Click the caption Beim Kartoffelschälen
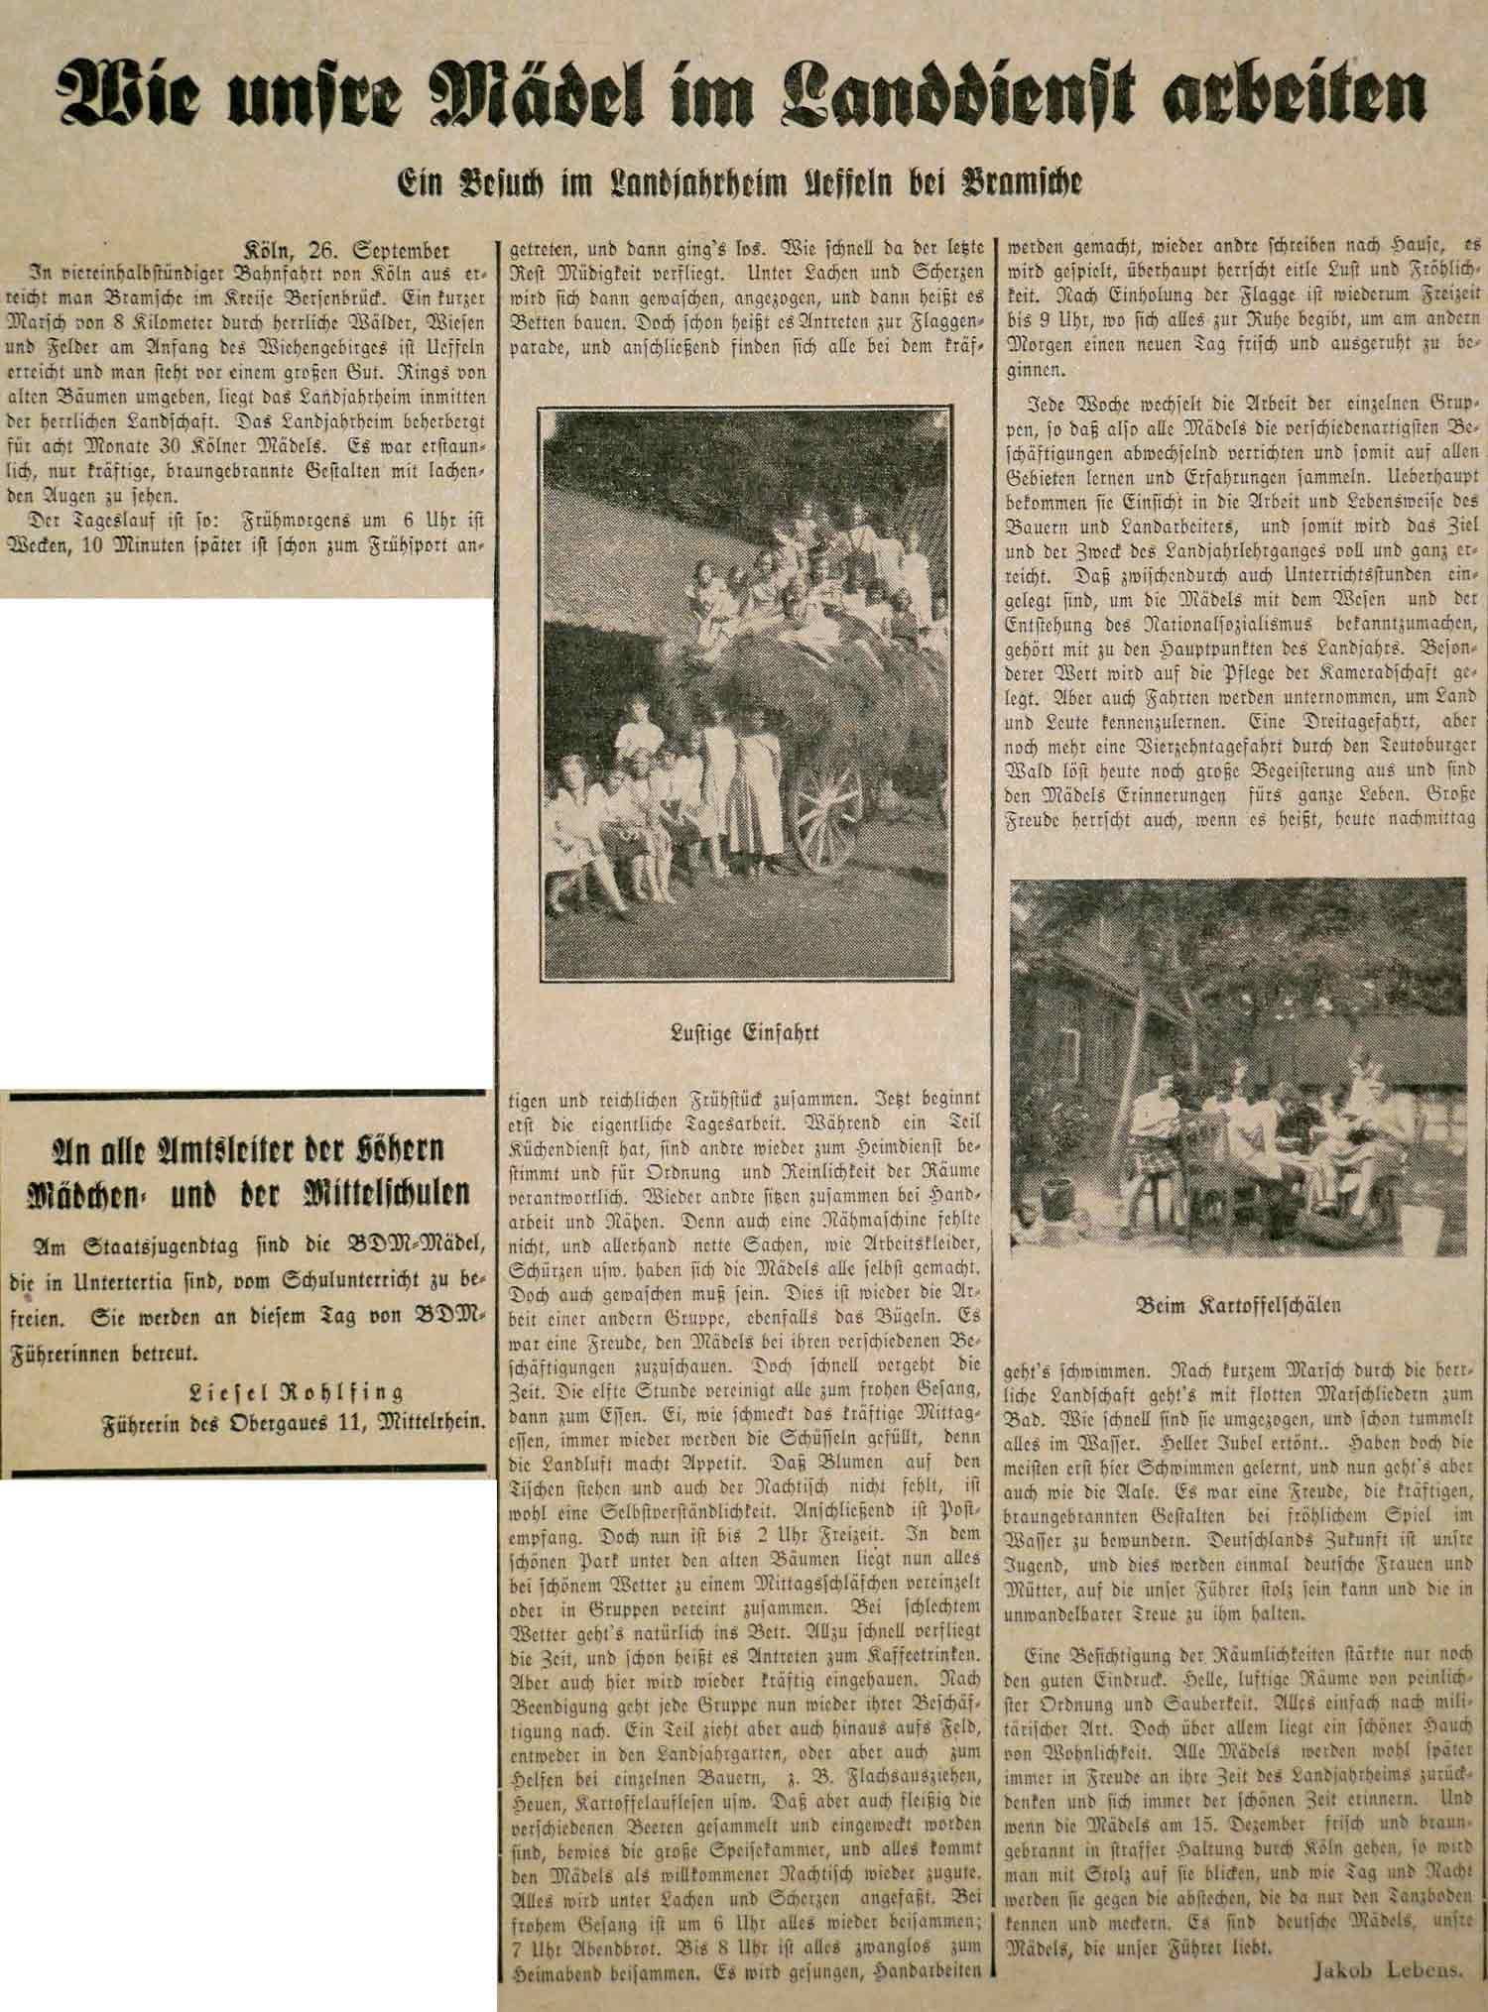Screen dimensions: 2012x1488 1238,1305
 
